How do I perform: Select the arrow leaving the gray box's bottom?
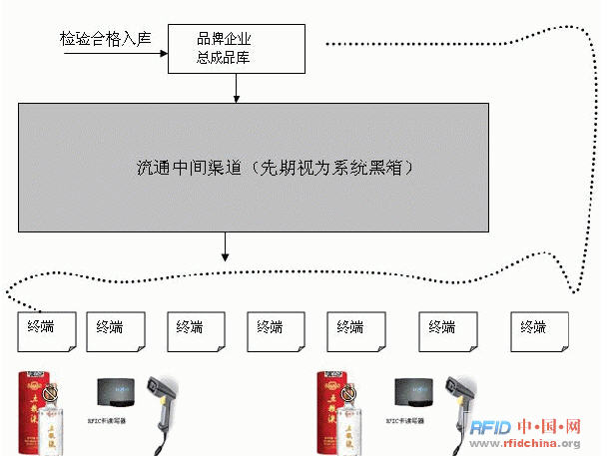tap(225, 245)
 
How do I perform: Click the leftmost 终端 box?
tap(46, 330)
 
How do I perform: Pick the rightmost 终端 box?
tap(539, 330)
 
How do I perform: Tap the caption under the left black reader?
tap(116, 421)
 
